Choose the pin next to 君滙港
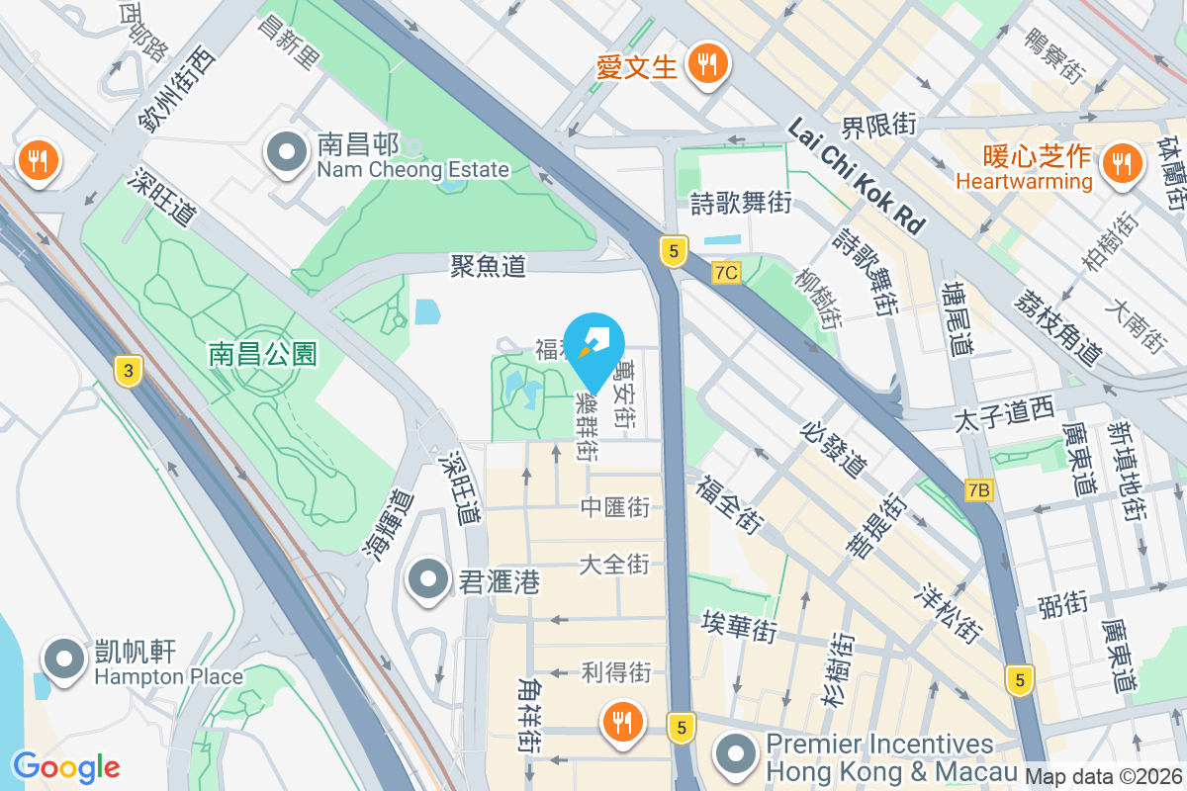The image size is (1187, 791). click(428, 579)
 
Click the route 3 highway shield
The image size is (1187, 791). click(127, 371)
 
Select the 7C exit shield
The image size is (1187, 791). click(726, 272)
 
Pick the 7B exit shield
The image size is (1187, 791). click(979, 489)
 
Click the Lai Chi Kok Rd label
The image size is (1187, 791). click(858, 177)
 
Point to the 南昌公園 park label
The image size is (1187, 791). click(263, 354)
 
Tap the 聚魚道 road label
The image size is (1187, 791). click(488, 265)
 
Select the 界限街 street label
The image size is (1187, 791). click(878, 126)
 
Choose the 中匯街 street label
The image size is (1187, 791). click(614, 508)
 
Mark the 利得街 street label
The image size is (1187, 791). click(615, 673)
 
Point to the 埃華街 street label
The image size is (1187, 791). click(738, 627)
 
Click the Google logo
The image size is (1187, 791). click(66, 766)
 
